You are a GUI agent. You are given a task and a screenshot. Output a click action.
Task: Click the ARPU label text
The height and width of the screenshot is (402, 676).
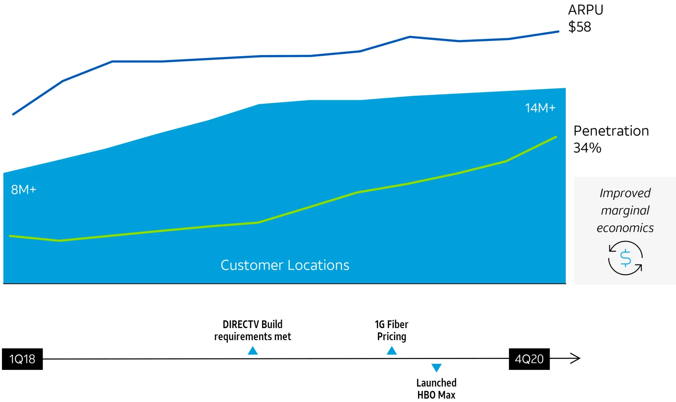[x=585, y=10]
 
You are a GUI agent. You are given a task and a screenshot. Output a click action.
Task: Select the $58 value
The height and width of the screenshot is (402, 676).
[x=579, y=27]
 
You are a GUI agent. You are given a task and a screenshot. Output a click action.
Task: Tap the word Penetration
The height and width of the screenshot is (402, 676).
[x=611, y=131]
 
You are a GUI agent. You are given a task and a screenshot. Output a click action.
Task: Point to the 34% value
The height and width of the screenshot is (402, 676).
[x=587, y=148]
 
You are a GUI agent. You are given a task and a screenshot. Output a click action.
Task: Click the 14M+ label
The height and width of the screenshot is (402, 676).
[x=540, y=108]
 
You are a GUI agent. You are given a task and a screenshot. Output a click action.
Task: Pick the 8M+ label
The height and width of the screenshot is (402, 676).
[x=23, y=189]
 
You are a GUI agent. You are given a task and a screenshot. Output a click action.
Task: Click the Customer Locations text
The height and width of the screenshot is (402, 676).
[x=285, y=265]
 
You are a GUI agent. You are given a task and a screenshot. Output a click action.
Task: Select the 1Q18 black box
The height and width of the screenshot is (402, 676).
[x=22, y=359]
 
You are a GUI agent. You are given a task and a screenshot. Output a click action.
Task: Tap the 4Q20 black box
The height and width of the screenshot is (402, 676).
[x=529, y=359]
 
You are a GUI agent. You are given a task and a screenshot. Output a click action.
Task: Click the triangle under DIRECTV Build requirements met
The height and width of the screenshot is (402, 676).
[x=253, y=351]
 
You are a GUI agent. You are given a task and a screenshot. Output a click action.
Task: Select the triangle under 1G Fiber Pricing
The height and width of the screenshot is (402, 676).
[x=392, y=351]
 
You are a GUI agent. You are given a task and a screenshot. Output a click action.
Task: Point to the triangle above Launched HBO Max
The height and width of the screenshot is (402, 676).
[x=437, y=367]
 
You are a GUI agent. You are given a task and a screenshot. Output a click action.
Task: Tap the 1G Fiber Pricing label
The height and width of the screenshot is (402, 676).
[x=392, y=330]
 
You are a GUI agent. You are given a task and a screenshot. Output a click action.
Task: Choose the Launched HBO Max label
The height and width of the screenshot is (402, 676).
[x=437, y=388]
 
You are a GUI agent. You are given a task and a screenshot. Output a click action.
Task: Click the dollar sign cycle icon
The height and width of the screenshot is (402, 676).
[x=625, y=258]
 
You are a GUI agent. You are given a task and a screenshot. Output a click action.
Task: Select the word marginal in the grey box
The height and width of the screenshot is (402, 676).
[x=625, y=210]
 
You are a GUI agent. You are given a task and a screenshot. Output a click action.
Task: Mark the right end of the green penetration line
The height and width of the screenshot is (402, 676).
[x=556, y=137]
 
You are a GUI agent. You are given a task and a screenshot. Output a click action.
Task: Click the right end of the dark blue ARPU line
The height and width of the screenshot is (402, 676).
[x=558, y=31]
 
